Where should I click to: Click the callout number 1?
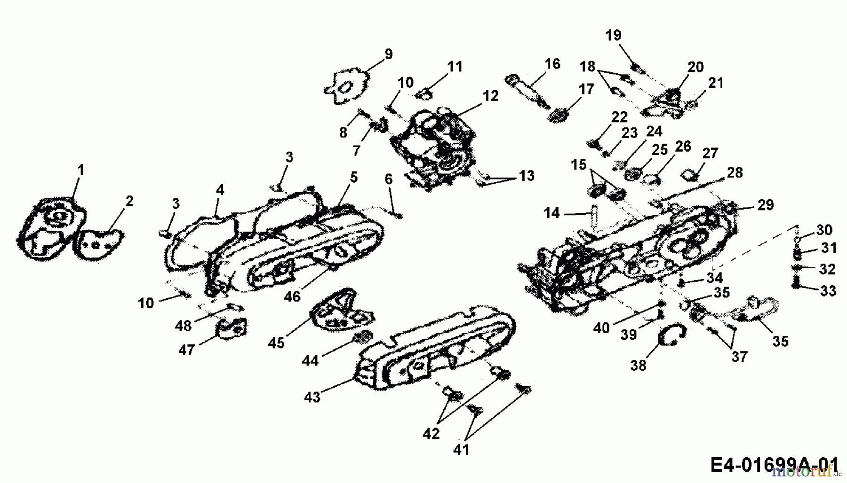coord(80,170)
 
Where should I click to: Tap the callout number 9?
coord(388,54)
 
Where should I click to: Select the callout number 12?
coord(490,96)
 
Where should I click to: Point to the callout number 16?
coord(552,63)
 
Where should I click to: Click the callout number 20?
coord(695,67)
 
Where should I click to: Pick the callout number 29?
coord(766,205)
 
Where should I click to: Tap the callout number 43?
coord(312,397)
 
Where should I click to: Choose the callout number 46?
coord(292,296)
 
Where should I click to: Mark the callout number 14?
coord(551,213)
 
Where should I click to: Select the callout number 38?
coord(638,365)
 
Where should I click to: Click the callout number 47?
coord(186,350)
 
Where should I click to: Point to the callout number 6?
coord(388,179)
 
